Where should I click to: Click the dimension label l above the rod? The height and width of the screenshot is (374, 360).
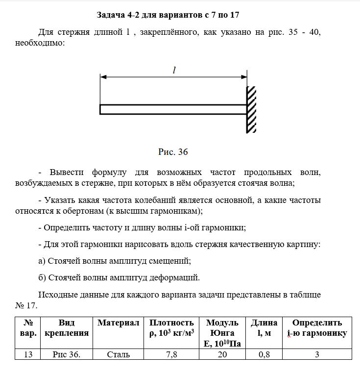174,70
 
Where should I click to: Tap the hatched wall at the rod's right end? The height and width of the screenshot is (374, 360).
251,109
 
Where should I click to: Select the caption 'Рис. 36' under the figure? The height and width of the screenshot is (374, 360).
173,152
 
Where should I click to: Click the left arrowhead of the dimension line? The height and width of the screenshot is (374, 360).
102,77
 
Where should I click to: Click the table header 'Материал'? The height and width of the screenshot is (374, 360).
119,323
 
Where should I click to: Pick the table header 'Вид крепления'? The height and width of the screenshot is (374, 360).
66,328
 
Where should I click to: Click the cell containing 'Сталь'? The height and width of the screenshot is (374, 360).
118,354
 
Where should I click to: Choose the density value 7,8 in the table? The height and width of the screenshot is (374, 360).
171,354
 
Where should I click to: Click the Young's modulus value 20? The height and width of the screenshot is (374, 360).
222,354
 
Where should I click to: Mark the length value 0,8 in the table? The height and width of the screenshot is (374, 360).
264,354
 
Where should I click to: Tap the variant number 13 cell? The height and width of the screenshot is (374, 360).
28,354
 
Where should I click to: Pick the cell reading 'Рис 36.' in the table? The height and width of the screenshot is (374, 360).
66,354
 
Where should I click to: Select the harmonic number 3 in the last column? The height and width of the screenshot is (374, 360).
317,354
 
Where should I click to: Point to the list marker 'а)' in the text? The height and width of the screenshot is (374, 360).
43,261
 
